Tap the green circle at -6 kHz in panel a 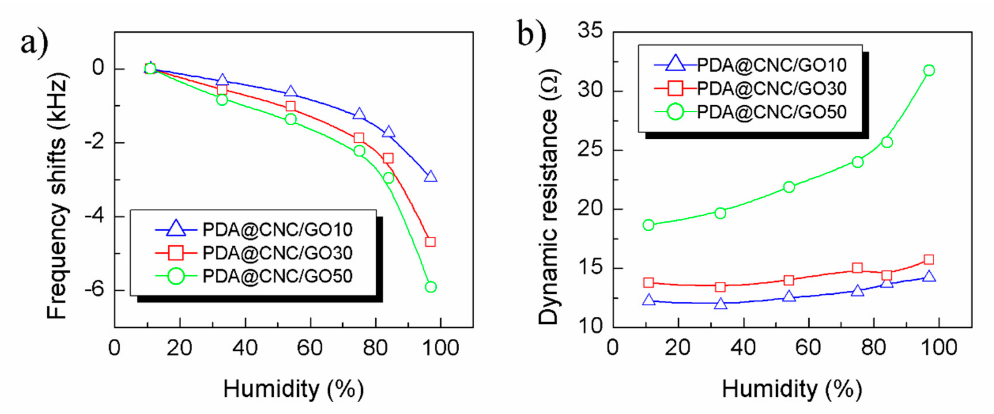[x=430, y=287]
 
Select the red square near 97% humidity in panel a [x=430, y=242]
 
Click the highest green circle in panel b [x=929, y=70]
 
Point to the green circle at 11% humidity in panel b [x=649, y=225]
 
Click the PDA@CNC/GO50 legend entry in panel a [x=277, y=276]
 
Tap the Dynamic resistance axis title [x=548, y=197]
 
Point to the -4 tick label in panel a [x=94, y=217]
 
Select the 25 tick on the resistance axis [x=590, y=150]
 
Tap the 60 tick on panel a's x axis [x=310, y=348]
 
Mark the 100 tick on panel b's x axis [x=938, y=348]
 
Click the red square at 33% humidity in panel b [x=720, y=287]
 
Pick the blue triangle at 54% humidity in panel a [x=291, y=92]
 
